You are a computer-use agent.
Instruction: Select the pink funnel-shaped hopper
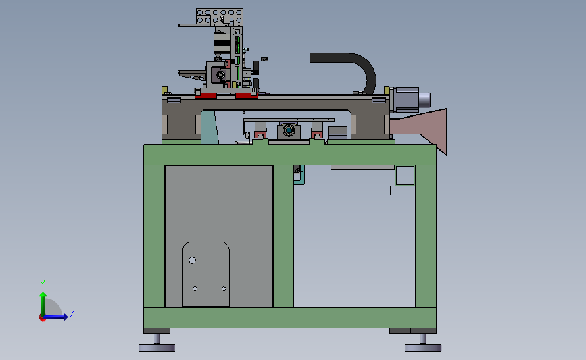426,127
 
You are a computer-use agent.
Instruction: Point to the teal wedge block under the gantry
210,128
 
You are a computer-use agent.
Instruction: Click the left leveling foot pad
157,348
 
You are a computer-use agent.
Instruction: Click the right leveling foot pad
423,348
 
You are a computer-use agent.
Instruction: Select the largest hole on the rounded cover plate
192,260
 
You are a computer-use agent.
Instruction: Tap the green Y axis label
43,284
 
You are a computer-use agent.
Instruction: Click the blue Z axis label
72,313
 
